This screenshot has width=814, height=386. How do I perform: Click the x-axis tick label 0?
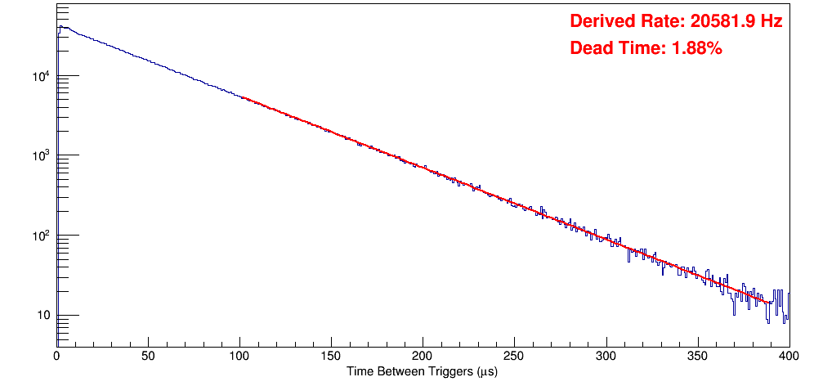pyautogui.click(x=56, y=356)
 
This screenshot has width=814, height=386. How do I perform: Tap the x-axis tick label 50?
pyautogui.click(x=148, y=356)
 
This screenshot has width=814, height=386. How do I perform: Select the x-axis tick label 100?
pyautogui.click(x=239, y=356)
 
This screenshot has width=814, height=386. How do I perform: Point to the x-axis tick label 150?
pyautogui.click(x=331, y=356)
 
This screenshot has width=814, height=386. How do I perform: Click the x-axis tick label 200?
pyautogui.click(x=423, y=356)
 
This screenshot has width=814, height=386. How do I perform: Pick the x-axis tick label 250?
pyautogui.click(x=514, y=356)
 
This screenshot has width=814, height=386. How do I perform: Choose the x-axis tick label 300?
pyautogui.click(x=606, y=356)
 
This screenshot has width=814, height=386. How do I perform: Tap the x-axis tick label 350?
pyautogui.click(x=697, y=356)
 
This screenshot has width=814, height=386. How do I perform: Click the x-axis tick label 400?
pyautogui.click(x=786, y=356)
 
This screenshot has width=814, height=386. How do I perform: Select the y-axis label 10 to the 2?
pyautogui.click(x=41, y=236)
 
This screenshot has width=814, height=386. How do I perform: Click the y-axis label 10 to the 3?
pyautogui.click(x=41, y=156)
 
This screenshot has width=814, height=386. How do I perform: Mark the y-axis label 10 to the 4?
pyautogui.click(x=41, y=77)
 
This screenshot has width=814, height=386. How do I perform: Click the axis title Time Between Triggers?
pyautogui.click(x=422, y=372)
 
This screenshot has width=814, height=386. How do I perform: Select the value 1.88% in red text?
pyautogui.click(x=696, y=48)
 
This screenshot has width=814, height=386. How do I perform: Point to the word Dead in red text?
pyautogui.click(x=590, y=48)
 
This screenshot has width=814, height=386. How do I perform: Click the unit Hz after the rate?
pyautogui.click(x=772, y=21)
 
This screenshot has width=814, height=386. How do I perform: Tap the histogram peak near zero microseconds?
pyautogui.click(x=60, y=26)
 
